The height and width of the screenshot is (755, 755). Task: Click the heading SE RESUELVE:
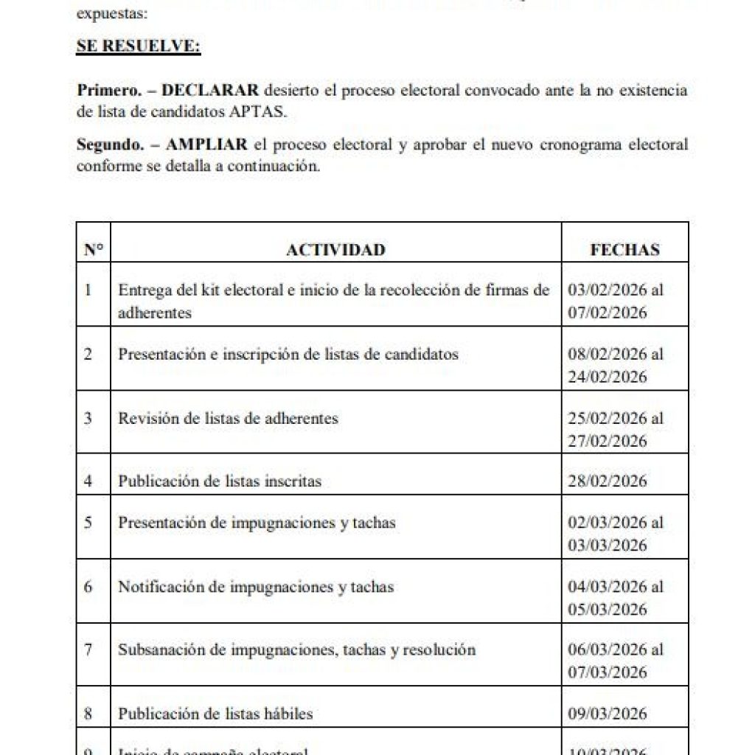pos(139,46)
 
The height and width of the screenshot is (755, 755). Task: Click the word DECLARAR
pos(210,90)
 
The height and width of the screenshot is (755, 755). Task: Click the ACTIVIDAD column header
pos(335,250)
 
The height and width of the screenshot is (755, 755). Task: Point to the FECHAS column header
pos(624,250)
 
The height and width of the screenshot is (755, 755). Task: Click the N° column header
pos(93,250)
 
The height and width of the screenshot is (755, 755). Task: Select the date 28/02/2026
pos(608,481)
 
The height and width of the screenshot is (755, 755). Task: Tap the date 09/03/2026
pos(608,714)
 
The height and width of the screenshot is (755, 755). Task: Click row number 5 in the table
pos(88,523)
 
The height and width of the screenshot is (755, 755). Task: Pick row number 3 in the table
pos(88,418)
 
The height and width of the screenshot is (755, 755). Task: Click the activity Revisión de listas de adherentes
pos(228,418)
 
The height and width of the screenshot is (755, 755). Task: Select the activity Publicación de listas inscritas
pos(220,481)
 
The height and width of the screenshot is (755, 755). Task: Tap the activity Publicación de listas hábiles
pos(215,714)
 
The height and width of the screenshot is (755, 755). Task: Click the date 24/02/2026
pos(608,377)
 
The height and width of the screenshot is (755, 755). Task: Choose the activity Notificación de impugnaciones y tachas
pos(256,587)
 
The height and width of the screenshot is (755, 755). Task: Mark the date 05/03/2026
pos(608,609)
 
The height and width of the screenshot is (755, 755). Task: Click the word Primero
pos(108,90)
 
